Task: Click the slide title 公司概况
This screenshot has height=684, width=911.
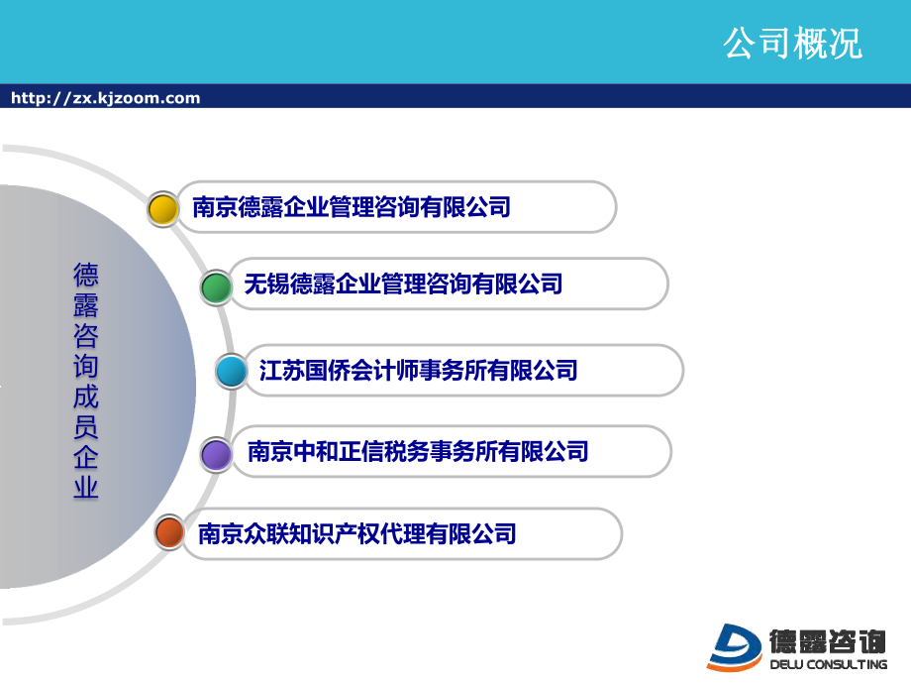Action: coord(792,44)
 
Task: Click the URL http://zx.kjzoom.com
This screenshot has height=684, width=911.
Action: coord(105,98)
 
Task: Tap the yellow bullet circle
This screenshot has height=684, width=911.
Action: coord(161,208)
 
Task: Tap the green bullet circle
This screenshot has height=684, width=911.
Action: coord(216,287)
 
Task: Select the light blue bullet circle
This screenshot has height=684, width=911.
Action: coord(231,372)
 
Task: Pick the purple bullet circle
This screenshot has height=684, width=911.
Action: coord(216,454)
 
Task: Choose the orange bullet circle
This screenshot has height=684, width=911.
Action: coord(170,533)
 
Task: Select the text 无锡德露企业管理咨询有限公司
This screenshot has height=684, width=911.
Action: coord(403,285)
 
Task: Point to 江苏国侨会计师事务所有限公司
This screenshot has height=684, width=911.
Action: coord(418,371)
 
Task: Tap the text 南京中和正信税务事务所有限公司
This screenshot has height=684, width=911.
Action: coord(418,452)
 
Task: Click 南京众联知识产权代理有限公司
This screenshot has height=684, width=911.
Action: coord(357,534)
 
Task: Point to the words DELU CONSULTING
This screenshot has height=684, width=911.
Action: coord(828,664)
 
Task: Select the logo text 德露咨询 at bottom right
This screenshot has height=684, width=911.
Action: coord(828,640)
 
